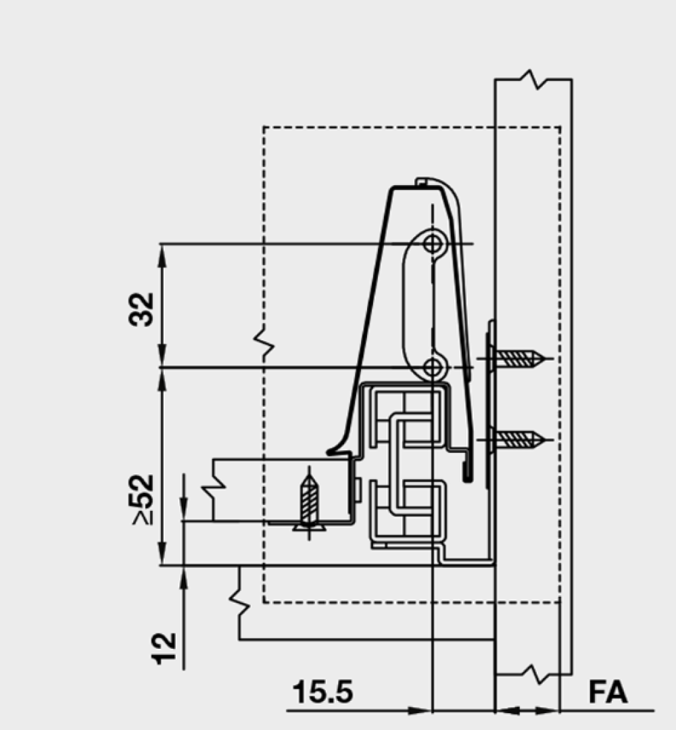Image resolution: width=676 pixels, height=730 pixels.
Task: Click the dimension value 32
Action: point(141,309)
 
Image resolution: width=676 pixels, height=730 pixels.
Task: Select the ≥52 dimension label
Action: point(143,500)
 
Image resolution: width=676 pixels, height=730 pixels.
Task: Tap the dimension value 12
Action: point(164,648)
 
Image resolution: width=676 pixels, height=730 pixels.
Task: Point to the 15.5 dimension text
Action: point(322,692)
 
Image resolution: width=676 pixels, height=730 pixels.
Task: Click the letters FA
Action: point(608,692)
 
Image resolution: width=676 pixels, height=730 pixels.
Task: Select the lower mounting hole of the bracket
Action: point(433,368)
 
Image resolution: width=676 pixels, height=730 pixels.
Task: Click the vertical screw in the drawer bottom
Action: point(309,503)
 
